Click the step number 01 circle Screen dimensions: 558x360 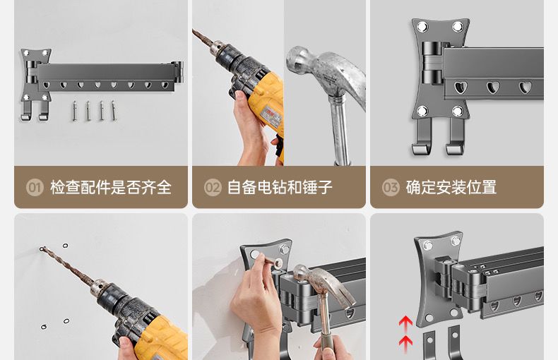point(35,187)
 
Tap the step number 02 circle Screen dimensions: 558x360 point(213,187)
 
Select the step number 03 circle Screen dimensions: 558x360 point(391,187)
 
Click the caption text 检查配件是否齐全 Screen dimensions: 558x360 point(111,187)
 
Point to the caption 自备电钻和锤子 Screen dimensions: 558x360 point(280,187)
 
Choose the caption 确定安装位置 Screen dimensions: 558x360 point(451,187)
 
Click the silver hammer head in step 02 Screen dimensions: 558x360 point(326,73)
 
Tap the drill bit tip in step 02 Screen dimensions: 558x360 point(194,30)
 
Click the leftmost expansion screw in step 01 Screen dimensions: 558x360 point(74,111)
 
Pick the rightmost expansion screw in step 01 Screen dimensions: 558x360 point(113,111)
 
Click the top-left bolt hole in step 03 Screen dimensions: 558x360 point(422,26)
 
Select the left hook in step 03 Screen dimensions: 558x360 point(424,138)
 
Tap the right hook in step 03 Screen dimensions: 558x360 point(456,138)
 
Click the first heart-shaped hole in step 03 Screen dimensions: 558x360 point(460,87)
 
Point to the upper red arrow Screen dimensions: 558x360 point(405,323)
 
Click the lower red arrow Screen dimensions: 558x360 point(405,344)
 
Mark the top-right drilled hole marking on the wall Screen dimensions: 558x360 point(65,246)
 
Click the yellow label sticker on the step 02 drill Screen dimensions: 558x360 point(271,117)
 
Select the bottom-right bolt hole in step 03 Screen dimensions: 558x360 point(458,112)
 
